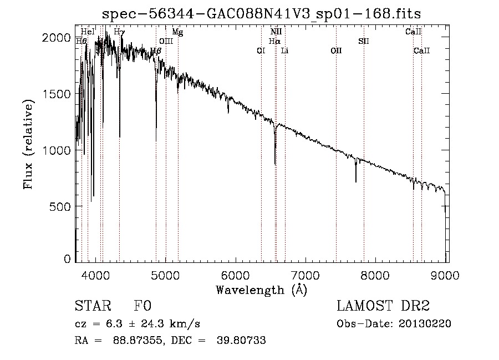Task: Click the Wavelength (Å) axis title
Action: [261, 289]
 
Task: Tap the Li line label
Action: [284, 50]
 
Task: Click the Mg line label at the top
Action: [177, 32]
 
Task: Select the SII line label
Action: [364, 41]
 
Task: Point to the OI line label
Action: [261, 50]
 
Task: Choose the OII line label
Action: [336, 50]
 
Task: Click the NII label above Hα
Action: [276, 32]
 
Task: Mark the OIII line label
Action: [166, 41]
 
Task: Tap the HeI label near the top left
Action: [88, 32]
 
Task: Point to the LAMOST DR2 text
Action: [383, 306]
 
